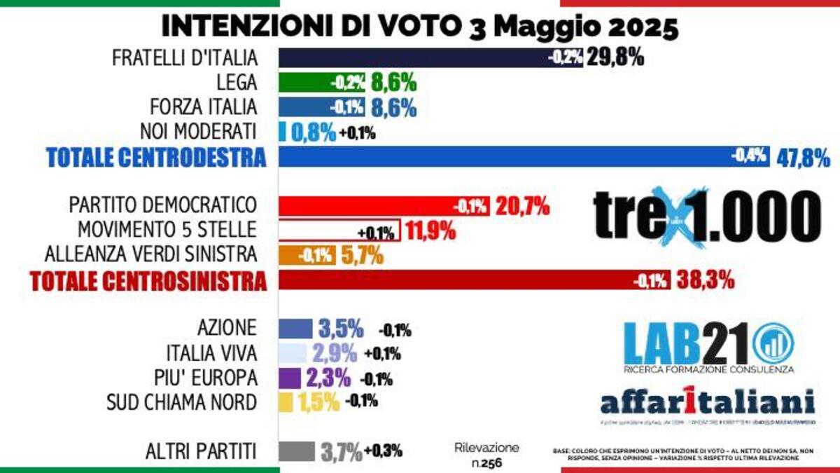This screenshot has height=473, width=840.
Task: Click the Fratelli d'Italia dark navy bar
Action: coord(413,58)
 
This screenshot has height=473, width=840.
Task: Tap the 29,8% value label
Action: coord(615,58)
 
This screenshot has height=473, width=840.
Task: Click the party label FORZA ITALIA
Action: coord(204,107)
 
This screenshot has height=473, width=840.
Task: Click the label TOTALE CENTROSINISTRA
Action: coord(148,281)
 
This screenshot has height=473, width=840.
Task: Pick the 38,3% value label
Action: coord(705,281)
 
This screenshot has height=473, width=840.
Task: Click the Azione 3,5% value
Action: coord(341,328)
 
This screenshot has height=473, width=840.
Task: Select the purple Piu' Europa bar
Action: coord(289,378)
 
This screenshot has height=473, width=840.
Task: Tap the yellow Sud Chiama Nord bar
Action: coord(286,402)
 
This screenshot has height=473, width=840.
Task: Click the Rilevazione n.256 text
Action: coord(486,455)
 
